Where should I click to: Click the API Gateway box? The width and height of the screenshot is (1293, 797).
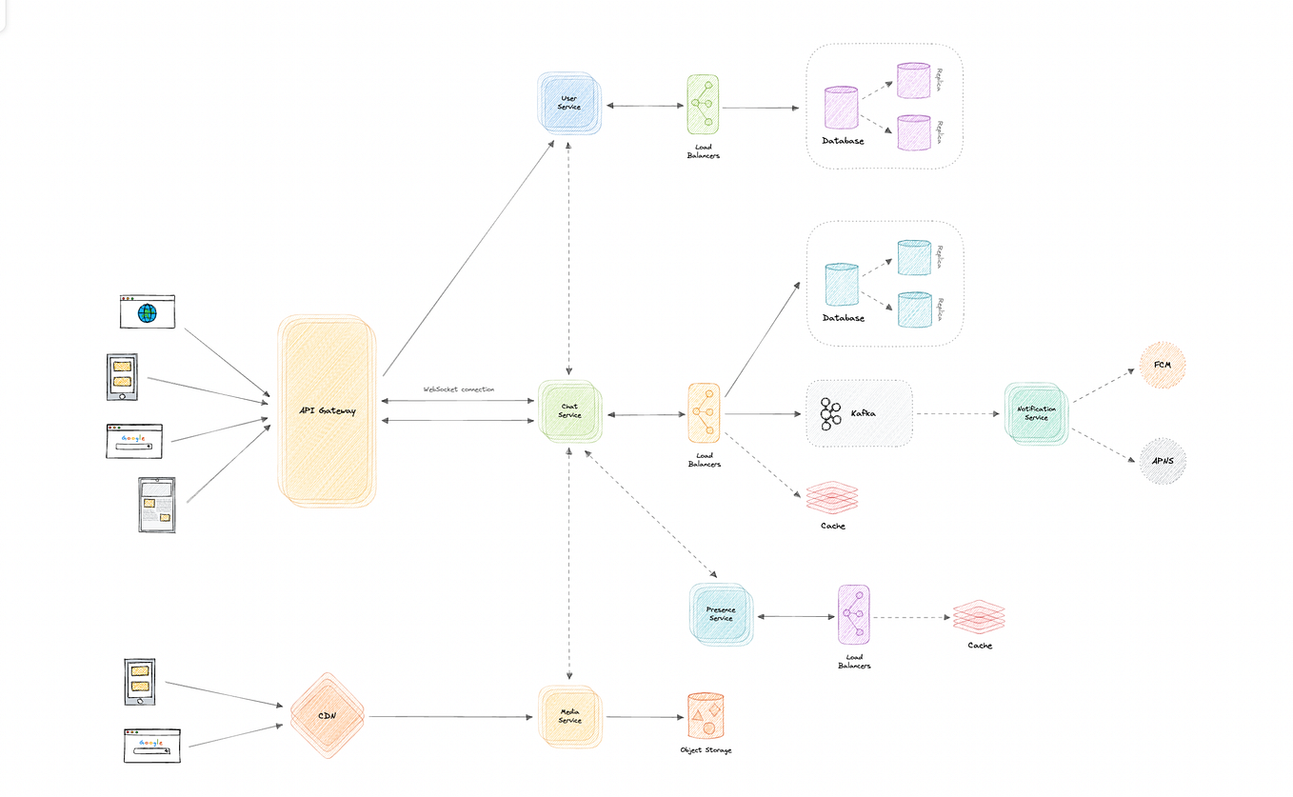click(x=326, y=410)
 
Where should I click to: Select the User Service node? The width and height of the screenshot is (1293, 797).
click(x=568, y=103)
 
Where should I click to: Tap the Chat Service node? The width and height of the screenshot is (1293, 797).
click(x=569, y=410)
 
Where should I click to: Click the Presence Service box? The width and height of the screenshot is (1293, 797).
click(x=721, y=614)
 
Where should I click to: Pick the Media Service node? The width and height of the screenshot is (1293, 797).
click(x=569, y=717)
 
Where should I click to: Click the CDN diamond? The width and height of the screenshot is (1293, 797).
click(x=327, y=716)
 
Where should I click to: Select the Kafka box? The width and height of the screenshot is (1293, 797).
click(x=859, y=413)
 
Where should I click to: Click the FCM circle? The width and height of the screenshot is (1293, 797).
click(x=1163, y=366)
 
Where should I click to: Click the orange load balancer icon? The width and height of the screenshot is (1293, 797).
click(x=704, y=413)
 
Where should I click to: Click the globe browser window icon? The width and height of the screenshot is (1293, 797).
click(x=147, y=311)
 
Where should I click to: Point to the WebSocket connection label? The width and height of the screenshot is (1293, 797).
click(x=459, y=389)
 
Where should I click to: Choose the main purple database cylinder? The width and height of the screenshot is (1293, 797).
click(x=841, y=109)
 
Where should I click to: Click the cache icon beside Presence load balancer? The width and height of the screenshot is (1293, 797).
click(x=979, y=617)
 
